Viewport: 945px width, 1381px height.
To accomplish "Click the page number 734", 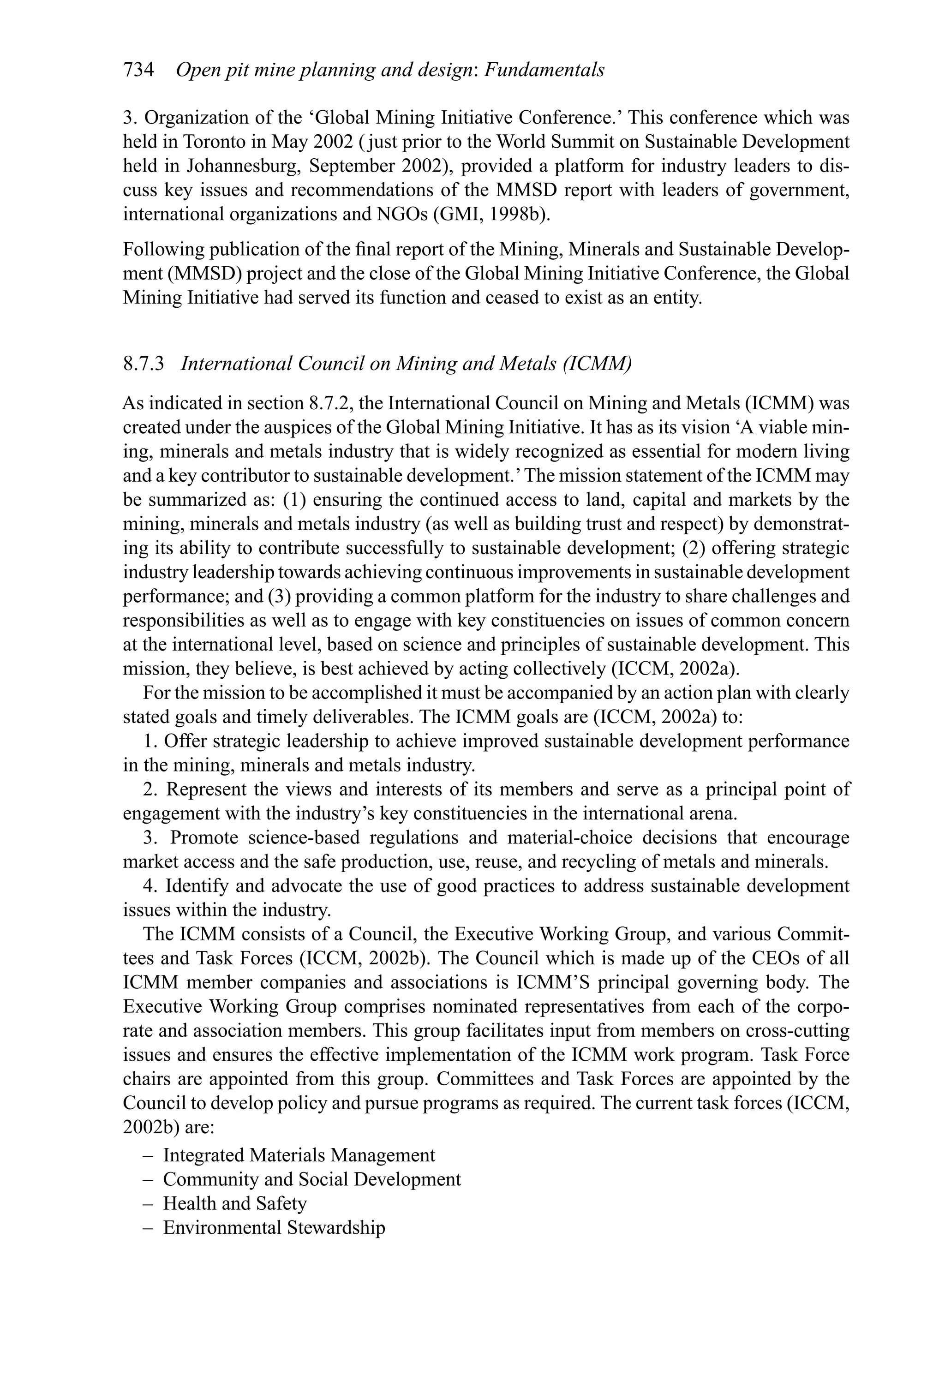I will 138,71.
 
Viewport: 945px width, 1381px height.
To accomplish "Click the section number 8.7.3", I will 143,364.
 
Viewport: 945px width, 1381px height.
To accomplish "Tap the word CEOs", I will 795,958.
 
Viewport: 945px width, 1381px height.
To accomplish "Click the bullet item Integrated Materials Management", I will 299,1155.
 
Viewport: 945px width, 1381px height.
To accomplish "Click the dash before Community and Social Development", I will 148,1179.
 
